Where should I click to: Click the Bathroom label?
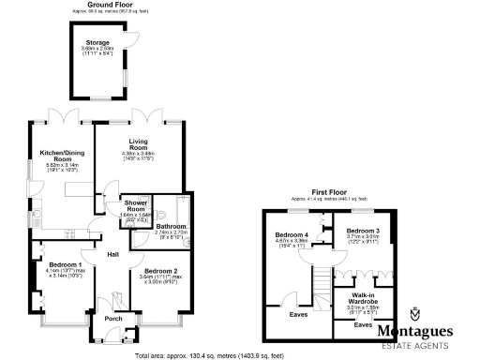coord(172,226)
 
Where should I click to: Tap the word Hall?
coord(112,254)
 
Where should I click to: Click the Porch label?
coord(112,319)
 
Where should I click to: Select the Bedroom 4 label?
coord(292,234)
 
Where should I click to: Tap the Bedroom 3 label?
coord(362,231)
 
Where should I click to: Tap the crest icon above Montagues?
coord(414,314)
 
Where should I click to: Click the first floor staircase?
coord(322,277)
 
